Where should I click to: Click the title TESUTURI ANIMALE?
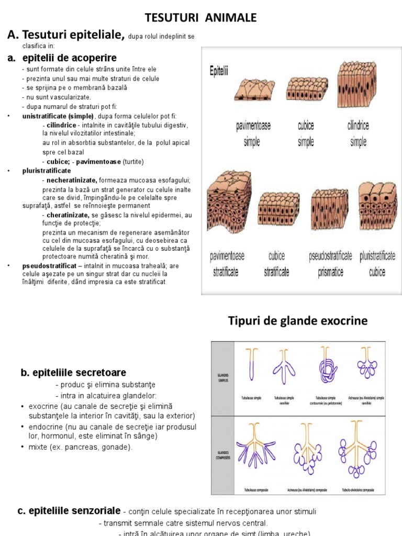click(201, 18)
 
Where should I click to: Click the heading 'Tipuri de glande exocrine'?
click(298, 321)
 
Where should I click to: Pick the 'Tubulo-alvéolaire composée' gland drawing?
click(360, 449)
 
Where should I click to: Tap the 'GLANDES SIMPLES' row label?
click(224, 377)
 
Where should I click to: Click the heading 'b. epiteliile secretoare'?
click(73, 373)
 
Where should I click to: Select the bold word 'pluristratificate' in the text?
click(47, 171)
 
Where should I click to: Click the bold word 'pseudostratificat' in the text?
click(48, 266)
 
